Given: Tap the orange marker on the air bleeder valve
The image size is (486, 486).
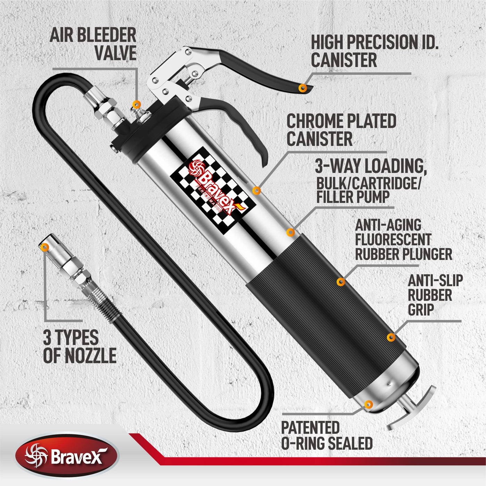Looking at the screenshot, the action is [136, 104].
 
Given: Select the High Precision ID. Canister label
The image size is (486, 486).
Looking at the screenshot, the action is [375, 51].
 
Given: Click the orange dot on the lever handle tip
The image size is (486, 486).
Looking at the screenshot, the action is [303, 88].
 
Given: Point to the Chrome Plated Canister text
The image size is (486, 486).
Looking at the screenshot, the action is [341, 130].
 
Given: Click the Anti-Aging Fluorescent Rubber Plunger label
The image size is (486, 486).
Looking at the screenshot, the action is [403, 240].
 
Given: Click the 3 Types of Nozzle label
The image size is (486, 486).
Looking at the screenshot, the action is [80, 346].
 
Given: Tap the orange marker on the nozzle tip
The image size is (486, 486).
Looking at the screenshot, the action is [45, 247].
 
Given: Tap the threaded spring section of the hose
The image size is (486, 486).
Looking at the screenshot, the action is [101, 301].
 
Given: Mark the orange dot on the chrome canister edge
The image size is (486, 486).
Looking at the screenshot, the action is [257, 191].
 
